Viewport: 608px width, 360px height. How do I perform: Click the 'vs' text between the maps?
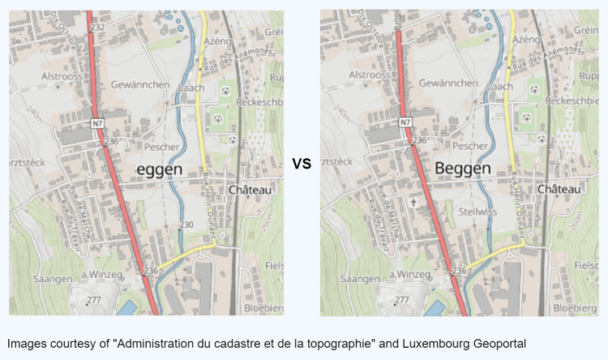tap(302, 163)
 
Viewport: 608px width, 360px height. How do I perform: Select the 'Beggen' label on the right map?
tap(463, 168)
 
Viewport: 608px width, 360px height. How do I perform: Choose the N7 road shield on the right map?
tap(405, 122)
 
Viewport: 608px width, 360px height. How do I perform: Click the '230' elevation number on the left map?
tap(186, 225)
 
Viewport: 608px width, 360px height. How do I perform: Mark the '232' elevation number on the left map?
tap(99, 28)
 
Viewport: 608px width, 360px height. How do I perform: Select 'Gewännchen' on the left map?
tap(142, 84)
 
